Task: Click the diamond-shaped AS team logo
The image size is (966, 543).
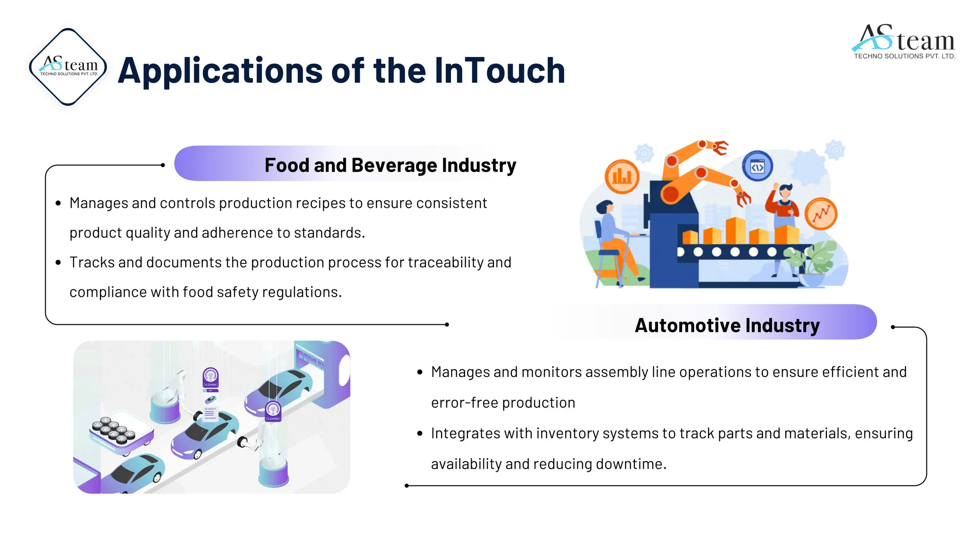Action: click(68, 66)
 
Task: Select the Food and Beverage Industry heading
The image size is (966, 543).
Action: click(390, 165)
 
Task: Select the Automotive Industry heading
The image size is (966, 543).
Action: click(727, 325)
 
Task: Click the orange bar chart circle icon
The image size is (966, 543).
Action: click(622, 177)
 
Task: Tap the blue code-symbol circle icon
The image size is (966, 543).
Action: click(757, 166)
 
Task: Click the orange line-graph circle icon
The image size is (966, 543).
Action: click(821, 214)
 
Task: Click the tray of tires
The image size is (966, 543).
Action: click(115, 430)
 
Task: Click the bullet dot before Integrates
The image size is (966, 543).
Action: click(420, 434)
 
